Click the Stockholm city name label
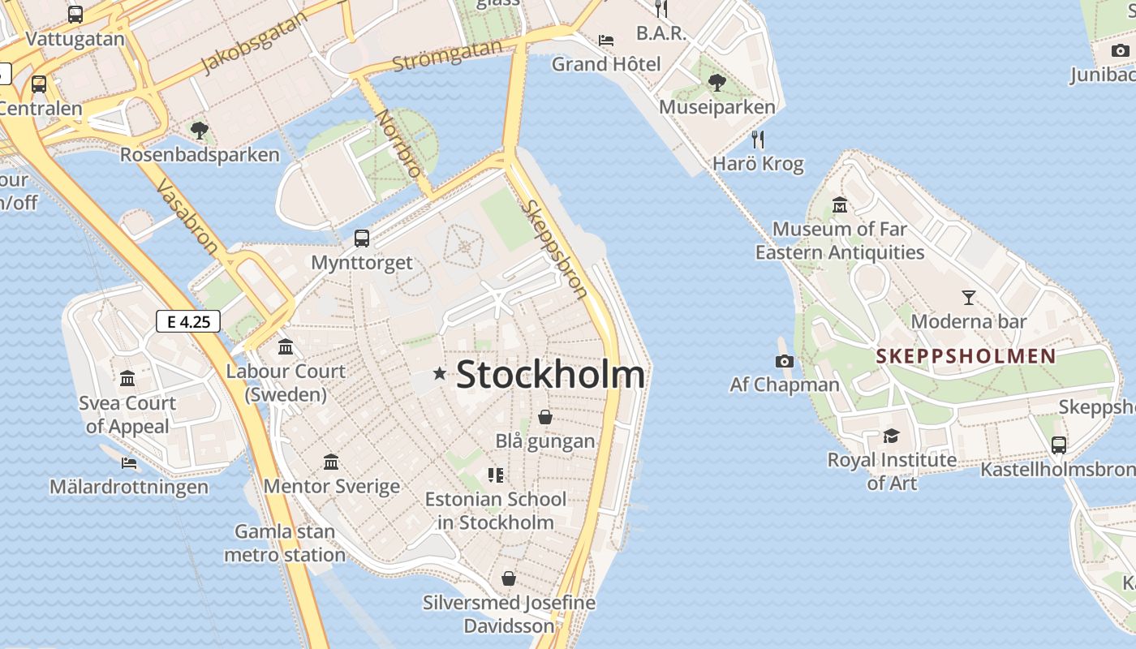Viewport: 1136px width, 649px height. (x=551, y=375)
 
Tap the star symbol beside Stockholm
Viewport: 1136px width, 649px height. (x=440, y=373)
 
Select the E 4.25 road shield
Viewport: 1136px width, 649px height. (x=188, y=321)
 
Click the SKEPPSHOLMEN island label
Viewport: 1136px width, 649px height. (x=966, y=356)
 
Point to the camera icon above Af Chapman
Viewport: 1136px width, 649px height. (x=785, y=361)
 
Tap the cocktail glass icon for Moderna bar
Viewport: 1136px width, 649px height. (x=968, y=298)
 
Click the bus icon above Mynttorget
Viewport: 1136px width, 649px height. (x=362, y=239)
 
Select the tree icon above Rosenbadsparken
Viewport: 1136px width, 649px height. (x=199, y=130)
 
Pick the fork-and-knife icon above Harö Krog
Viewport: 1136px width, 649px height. (x=758, y=140)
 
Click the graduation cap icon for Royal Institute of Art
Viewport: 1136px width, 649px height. (x=892, y=436)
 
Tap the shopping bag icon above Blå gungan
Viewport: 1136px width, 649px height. (x=545, y=417)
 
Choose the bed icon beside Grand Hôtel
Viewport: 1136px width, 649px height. (x=606, y=40)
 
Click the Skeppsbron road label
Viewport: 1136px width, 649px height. (x=555, y=249)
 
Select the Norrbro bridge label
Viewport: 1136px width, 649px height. (x=400, y=143)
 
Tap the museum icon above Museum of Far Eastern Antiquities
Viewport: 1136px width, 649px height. (x=840, y=204)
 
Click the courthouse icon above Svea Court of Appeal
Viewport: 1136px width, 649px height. (x=127, y=379)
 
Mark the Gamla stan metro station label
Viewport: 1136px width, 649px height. (x=285, y=544)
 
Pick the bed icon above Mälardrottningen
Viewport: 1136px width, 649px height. (x=129, y=463)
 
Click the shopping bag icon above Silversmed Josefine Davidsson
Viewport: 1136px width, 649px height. (x=509, y=578)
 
